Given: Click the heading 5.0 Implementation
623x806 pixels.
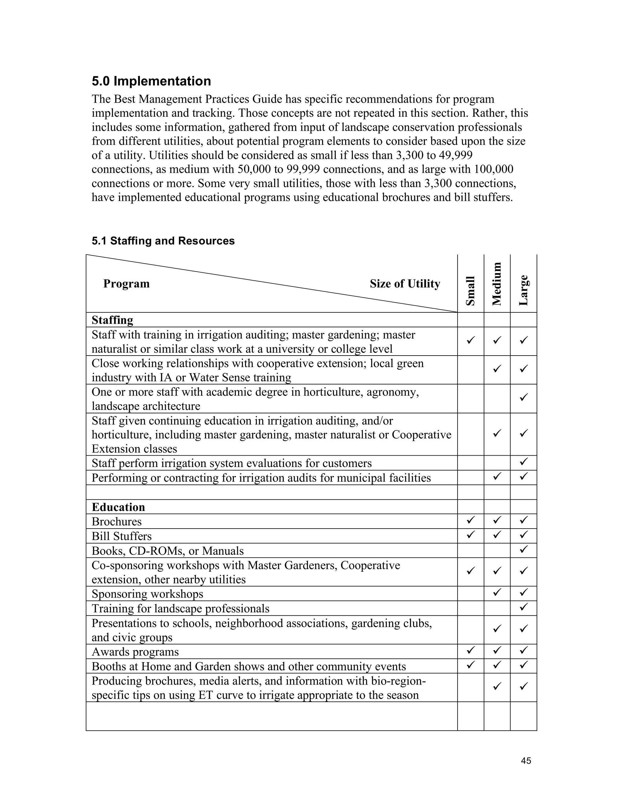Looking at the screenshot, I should (151, 81).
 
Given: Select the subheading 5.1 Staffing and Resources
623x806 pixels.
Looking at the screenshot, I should (163, 241).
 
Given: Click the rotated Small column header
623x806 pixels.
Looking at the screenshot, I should (470, 291).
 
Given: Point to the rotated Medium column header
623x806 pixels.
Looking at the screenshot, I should (497, 283).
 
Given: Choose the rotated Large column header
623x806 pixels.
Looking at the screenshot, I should (523, 290).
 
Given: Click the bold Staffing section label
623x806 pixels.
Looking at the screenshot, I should (112, 320).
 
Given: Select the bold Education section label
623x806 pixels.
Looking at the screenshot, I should (118, 507).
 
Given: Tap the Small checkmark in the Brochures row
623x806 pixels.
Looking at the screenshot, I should (470, 520).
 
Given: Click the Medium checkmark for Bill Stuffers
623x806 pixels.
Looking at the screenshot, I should (497, 535).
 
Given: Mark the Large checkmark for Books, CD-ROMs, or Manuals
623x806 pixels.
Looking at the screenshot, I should (523, 550).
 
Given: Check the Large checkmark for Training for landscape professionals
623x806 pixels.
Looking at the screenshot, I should (523, 607).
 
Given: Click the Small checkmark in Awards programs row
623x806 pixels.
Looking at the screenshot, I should (470, 651).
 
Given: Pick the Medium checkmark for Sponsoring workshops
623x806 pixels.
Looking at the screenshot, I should (497, 593).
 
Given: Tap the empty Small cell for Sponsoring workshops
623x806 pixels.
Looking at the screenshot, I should (470, 593).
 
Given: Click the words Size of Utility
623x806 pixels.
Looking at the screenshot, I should (405, 284).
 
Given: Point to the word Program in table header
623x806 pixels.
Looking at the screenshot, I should (126, 284).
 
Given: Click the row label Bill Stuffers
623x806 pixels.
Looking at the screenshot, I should (121, 536).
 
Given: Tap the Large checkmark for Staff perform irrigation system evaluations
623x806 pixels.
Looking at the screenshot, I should (523, 462).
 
